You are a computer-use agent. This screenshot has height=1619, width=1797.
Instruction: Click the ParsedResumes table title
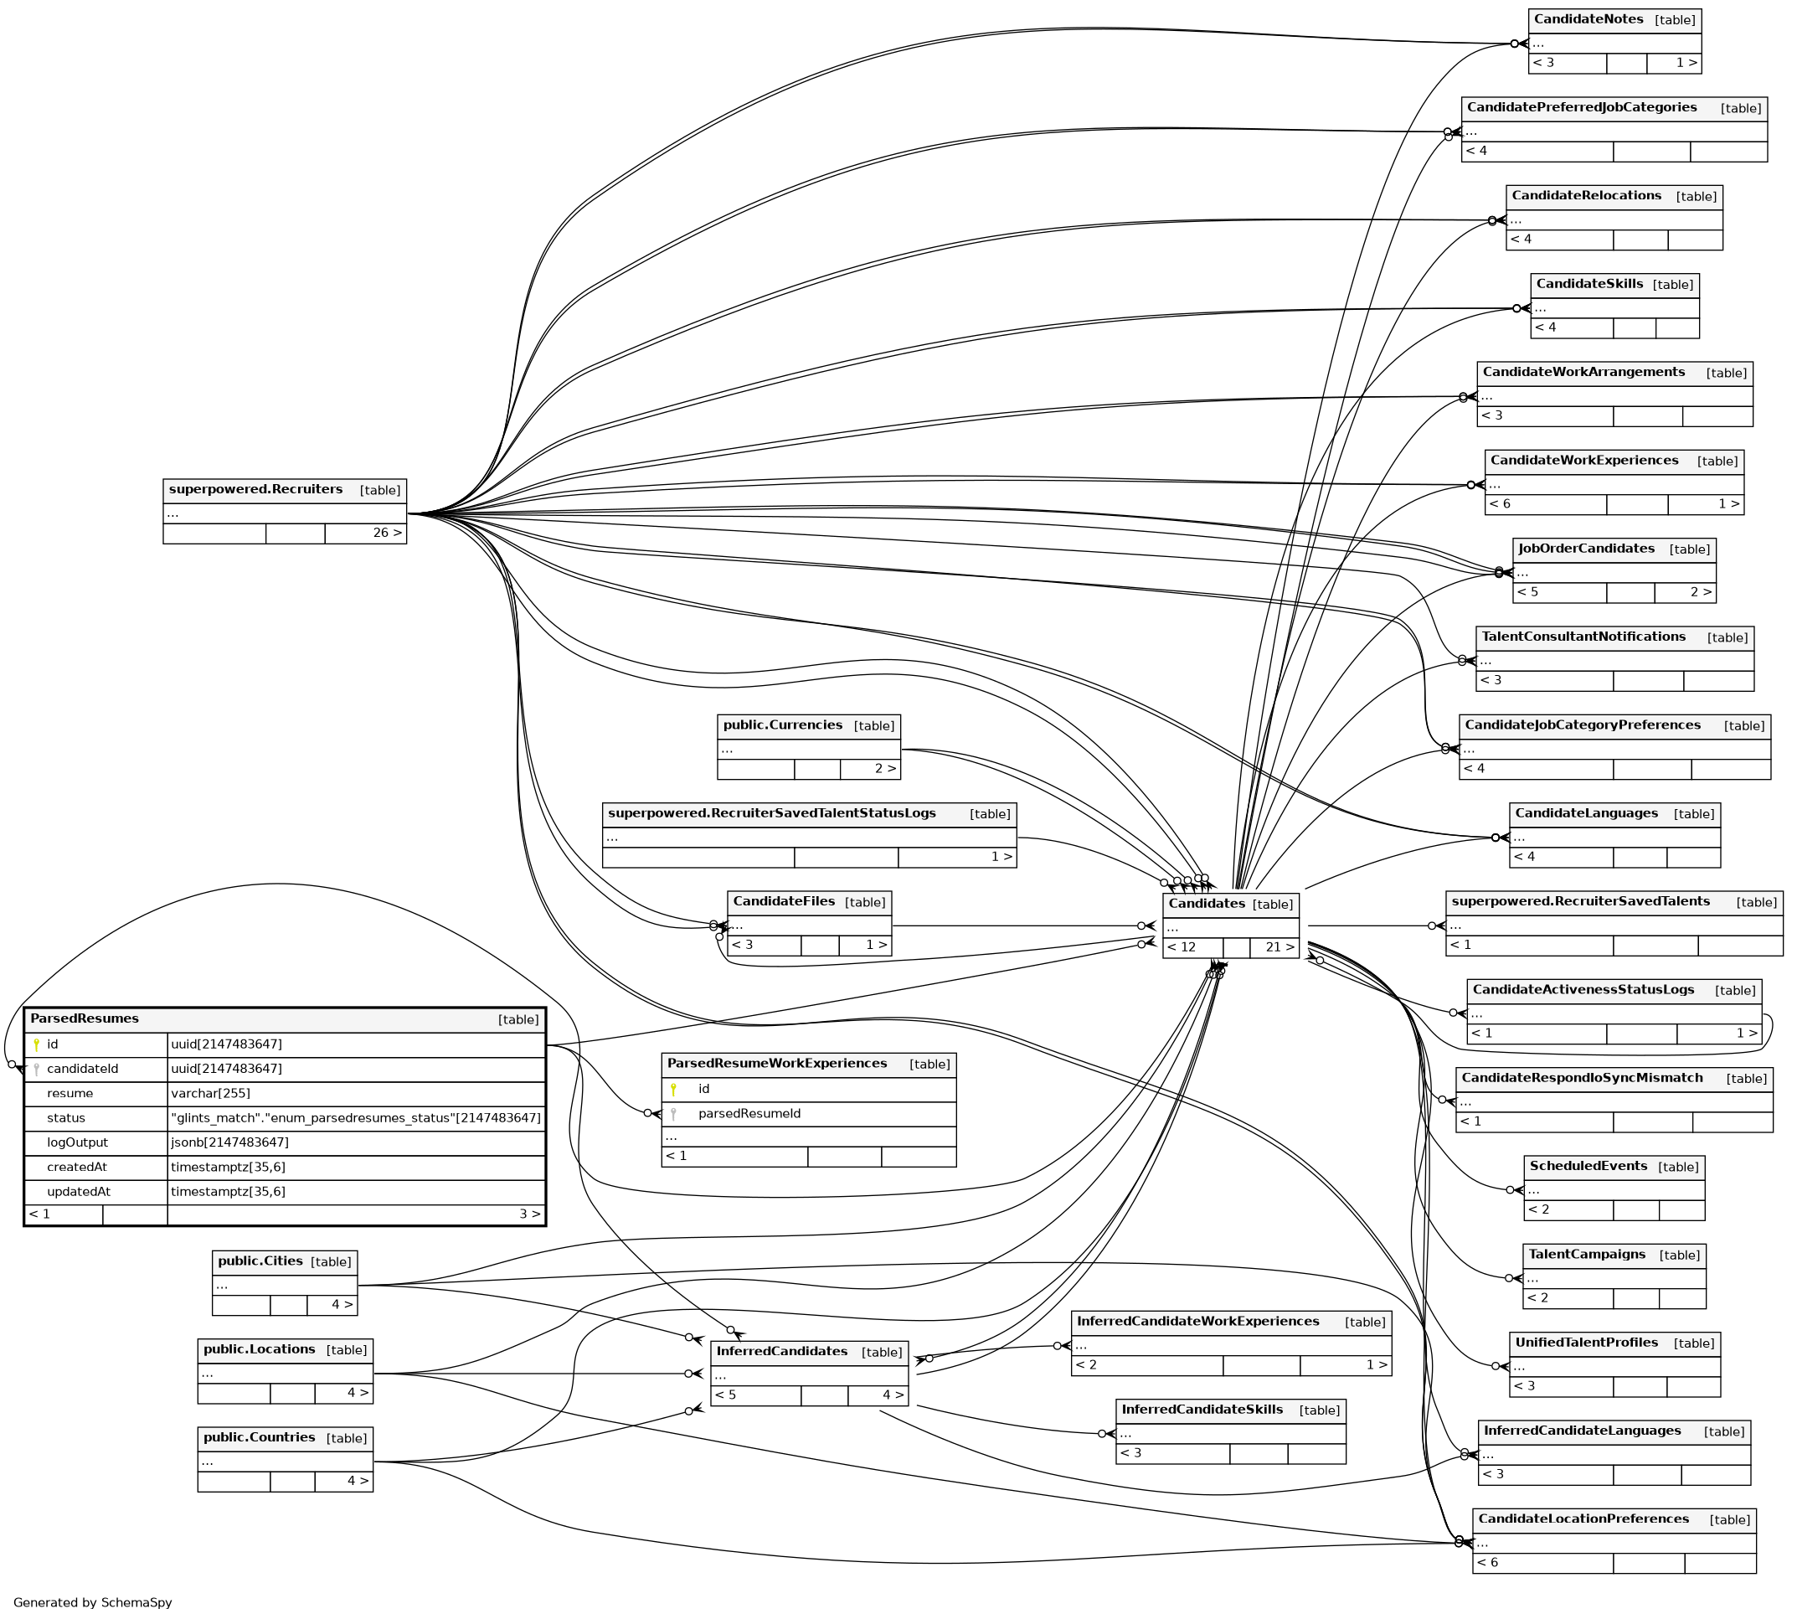(85, 1018)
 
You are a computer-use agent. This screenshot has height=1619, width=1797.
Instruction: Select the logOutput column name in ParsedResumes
(77, 1142)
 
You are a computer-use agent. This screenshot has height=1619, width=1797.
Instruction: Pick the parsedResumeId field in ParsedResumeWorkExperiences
(749, 1114)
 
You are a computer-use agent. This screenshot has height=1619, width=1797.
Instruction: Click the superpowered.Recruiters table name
(255, 489)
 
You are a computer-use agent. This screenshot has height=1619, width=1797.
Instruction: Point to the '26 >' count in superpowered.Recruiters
(387, 533)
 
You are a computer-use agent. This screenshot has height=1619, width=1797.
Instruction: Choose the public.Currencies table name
(782, 725)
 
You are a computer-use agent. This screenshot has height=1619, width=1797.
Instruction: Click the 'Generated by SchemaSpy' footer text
(92, 1602)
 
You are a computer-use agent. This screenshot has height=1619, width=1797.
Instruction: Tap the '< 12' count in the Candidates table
(1181, 946)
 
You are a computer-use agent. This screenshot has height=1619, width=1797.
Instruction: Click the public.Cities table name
(260, 1261)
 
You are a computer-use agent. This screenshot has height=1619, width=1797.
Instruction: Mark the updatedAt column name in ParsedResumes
(78, 1191)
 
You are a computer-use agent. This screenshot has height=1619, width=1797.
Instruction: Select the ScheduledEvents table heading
(1588, 1165)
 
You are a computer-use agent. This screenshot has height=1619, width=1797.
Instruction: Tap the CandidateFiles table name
(783, 901)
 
